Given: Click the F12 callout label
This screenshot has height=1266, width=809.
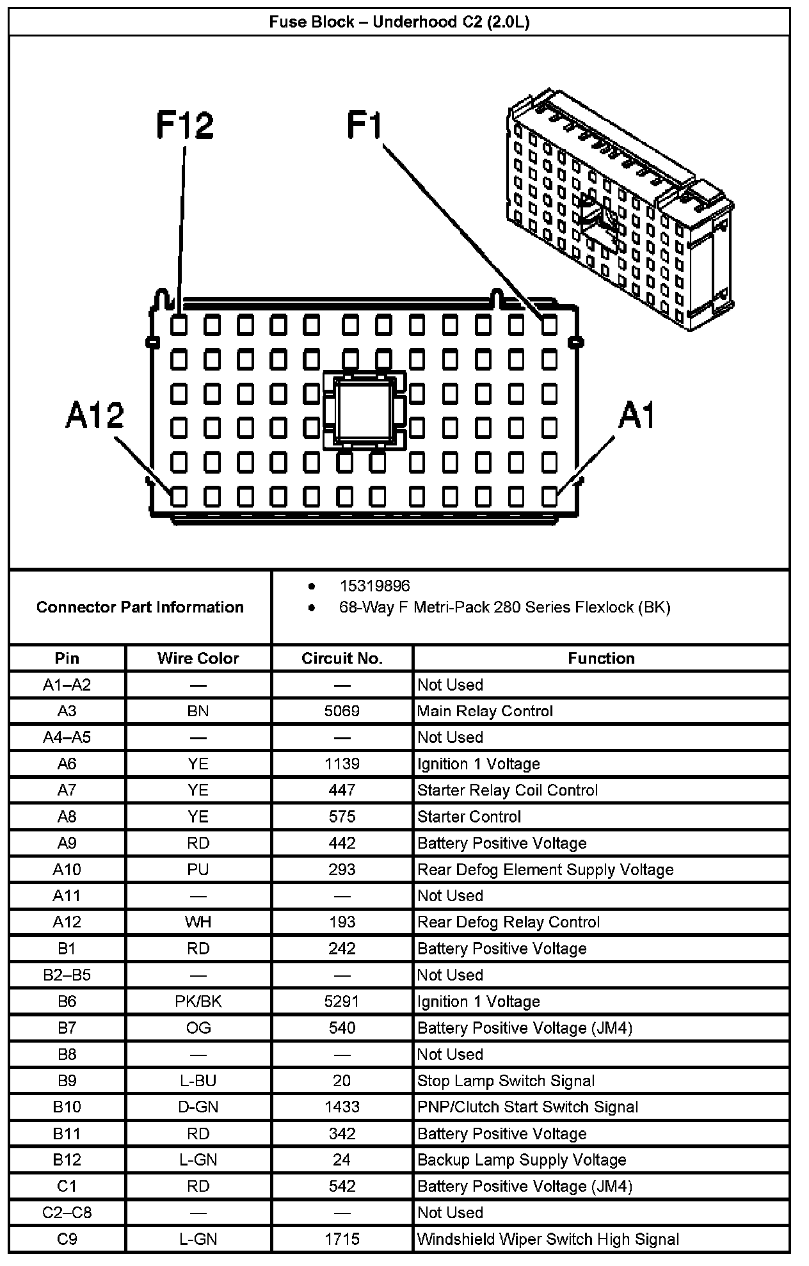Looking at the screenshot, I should (x=185, y=125).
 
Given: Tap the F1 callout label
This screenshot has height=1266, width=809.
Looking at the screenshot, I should (x=364, y=125).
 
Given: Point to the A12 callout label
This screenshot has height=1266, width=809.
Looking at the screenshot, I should (x=95, y=416).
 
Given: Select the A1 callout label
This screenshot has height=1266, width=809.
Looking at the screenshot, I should (x=637, y=416).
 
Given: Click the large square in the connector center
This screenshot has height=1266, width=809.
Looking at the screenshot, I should (x=364, y=410).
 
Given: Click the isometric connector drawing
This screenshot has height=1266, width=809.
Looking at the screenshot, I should (x=620, y=211).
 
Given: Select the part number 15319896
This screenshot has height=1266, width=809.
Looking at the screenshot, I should (x=374, y=586).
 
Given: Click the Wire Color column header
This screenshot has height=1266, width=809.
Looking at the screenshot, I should (x=198, y=659).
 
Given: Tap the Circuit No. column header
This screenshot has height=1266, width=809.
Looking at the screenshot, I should (x=342, y=659).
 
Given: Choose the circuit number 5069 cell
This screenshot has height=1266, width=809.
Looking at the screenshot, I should (x=342, y=711).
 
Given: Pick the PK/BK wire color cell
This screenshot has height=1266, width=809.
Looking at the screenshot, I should (x=198, y=1002).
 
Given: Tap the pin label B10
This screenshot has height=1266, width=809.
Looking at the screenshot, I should (x=67, y=1107).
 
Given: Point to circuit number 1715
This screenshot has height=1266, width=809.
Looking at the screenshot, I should (x=342, y=1239).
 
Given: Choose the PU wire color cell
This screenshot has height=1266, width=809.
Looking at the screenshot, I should (x=198, y=870).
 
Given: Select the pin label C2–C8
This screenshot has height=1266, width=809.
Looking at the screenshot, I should (x=67, y=1213).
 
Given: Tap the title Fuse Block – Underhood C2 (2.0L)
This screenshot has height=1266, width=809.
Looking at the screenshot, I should (x=399, y=22).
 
